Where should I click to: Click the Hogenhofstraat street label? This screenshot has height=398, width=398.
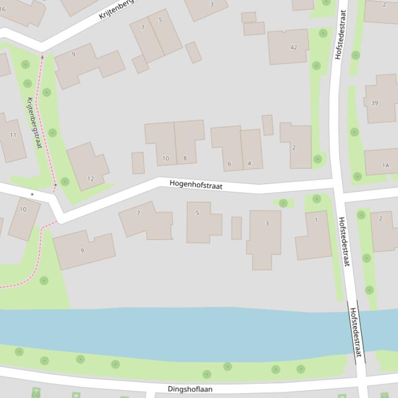[x=196, y=185]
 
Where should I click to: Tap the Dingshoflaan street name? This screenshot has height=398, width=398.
[x=190, y=389]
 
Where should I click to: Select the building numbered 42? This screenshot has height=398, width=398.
[x=288, y=47]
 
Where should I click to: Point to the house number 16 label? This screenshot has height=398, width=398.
[x=3, y=9]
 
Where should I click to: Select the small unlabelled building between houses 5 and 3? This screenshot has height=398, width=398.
[x=237, y=228]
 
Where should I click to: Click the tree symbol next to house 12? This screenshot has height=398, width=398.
[x=65, y=181]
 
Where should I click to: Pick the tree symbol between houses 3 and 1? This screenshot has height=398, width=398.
[x=283, y=203]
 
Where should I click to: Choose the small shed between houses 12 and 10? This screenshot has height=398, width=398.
[x=138, y=163]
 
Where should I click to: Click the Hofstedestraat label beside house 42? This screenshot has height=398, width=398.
[x=340, y=34]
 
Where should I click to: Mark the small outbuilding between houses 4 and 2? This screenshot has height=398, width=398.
[x=268, y=125]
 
